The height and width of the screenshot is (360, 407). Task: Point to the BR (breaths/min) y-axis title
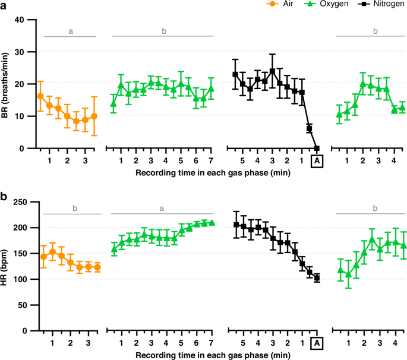coord(6,84)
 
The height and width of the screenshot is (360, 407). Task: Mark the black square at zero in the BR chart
coord(317,149)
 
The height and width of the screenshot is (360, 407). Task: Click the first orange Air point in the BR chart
coord(40,96)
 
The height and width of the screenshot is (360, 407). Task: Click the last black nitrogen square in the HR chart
coord(317,278)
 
